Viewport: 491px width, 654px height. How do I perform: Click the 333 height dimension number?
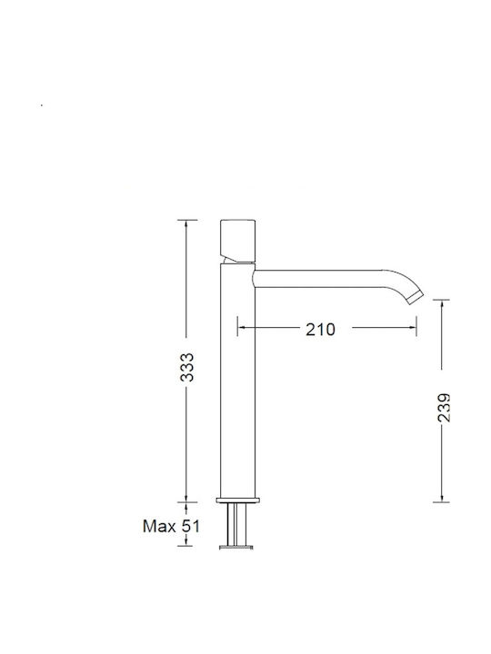click(187, 368)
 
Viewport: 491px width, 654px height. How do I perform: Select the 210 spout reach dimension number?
click(320, 330)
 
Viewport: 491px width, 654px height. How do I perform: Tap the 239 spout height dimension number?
click(445, 408)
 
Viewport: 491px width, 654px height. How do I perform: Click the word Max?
click(159, 526)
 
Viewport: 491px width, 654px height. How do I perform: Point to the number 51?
click(191, 526)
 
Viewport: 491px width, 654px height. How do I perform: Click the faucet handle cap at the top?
click(237, 241)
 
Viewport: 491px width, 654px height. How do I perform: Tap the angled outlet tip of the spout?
click(416, 297)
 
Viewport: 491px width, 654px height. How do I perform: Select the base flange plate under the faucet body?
click(238, 500)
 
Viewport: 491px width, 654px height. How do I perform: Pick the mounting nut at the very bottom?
click(236, 547)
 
